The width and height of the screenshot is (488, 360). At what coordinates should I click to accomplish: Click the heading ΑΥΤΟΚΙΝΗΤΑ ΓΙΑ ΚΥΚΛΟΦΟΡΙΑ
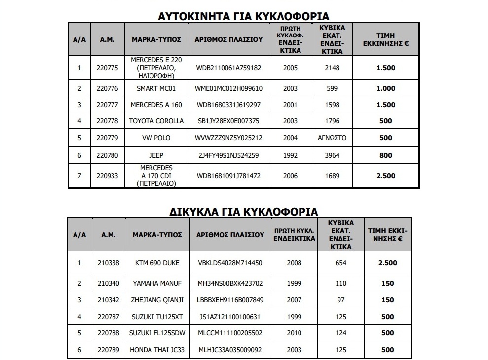pos(243,15)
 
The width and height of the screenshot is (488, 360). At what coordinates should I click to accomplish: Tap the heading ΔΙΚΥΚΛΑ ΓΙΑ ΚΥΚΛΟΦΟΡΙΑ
pos(244,211)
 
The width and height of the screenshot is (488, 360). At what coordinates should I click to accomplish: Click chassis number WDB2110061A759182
pos(228,68)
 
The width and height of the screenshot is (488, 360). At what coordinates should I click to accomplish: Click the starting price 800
pos(385,155)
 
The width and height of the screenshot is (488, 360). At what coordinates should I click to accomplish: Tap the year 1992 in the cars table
pos(291,155)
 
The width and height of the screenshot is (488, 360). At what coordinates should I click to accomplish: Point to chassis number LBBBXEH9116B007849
pos(229,299)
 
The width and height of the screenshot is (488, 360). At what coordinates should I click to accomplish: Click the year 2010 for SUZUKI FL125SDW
pos(295,332)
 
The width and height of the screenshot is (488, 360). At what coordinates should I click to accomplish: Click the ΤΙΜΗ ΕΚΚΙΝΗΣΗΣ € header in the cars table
pos(385,39)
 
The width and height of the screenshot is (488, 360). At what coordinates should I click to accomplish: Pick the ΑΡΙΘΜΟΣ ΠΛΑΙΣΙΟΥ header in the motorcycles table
pos(229,235)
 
